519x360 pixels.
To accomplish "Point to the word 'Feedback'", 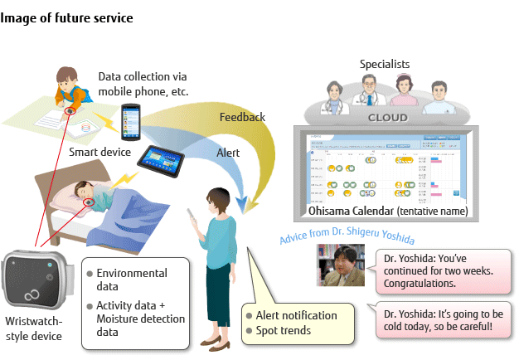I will [x=242, y=117].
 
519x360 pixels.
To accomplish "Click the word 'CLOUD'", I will [x=388, y=118].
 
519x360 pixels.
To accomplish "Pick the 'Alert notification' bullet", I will [x=295, y=315].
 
